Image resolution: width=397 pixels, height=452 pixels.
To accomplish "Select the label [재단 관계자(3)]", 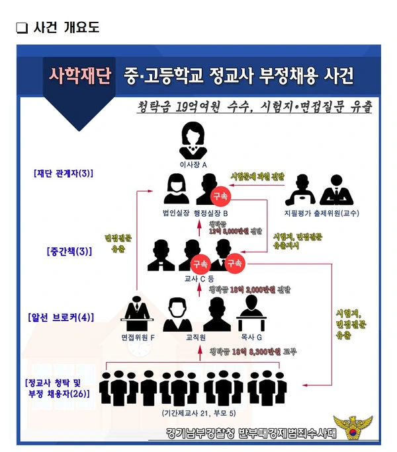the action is pos(64,174).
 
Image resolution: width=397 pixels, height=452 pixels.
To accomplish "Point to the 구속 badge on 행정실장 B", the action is pos(219,196).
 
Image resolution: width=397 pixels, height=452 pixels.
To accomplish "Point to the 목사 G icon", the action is pos(251,315).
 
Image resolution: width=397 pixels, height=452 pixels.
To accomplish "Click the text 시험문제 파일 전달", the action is pos(257,176).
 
